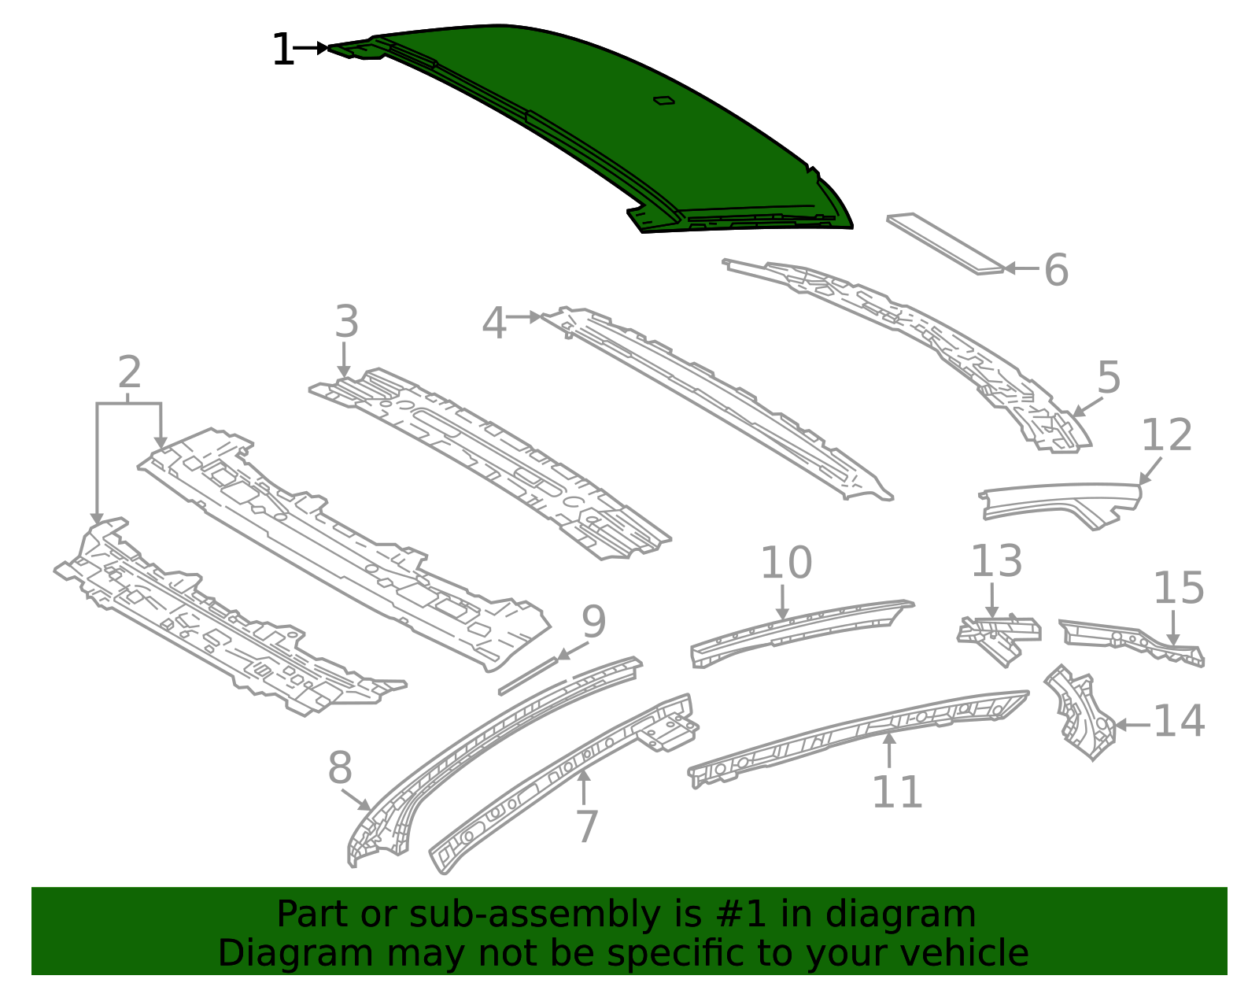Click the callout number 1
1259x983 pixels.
tap(282, 50)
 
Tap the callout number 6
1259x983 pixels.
tap(1056, 270)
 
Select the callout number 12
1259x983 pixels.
tap(1166, 435)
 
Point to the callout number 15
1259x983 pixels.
tap(1179, 588)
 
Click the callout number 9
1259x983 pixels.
tap(594, 622)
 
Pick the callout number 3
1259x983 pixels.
tap(347, 321)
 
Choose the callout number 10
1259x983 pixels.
tap(786, 562)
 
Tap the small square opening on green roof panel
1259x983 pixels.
tap(664, 101)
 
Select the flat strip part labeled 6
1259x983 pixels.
tap(946, 243)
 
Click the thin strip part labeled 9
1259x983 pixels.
tap(528, 676)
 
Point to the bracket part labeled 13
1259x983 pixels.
tap(999, 638)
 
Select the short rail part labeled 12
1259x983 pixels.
tap(1060, 506)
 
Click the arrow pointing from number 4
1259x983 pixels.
tap(524, 317)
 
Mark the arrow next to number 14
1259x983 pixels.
tap(1132, 725)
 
